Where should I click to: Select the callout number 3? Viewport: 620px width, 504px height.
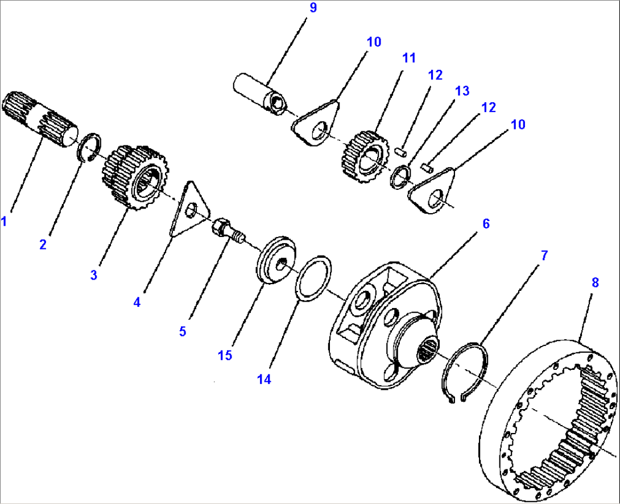[x=93, y=275]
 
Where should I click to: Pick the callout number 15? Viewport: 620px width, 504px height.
[x=225, y=355]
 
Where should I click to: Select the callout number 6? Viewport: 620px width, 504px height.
[x=486, y=223]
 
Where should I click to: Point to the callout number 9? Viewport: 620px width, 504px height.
[x=312, y=9]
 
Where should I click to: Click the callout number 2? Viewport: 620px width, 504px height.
[x=43, y=245]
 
